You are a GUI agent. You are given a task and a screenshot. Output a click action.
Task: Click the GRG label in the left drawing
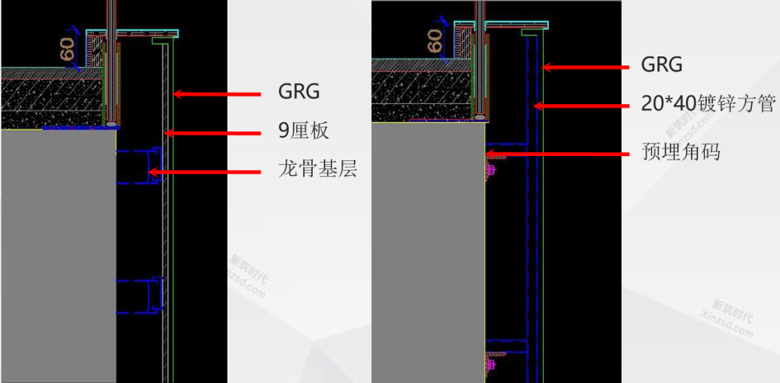point(299,92)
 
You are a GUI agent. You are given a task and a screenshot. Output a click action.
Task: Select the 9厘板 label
point(303,131)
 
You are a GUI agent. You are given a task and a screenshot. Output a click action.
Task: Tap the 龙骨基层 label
point(318,171)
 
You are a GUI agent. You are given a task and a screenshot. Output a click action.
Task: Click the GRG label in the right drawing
point(662,65)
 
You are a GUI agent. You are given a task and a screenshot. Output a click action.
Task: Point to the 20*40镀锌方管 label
point(708,104)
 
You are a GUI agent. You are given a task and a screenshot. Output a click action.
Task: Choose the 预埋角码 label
point(680,152)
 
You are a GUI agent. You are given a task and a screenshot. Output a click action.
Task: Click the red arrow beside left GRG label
point(216,94)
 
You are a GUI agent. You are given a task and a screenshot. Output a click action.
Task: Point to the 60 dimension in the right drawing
point(435,40)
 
